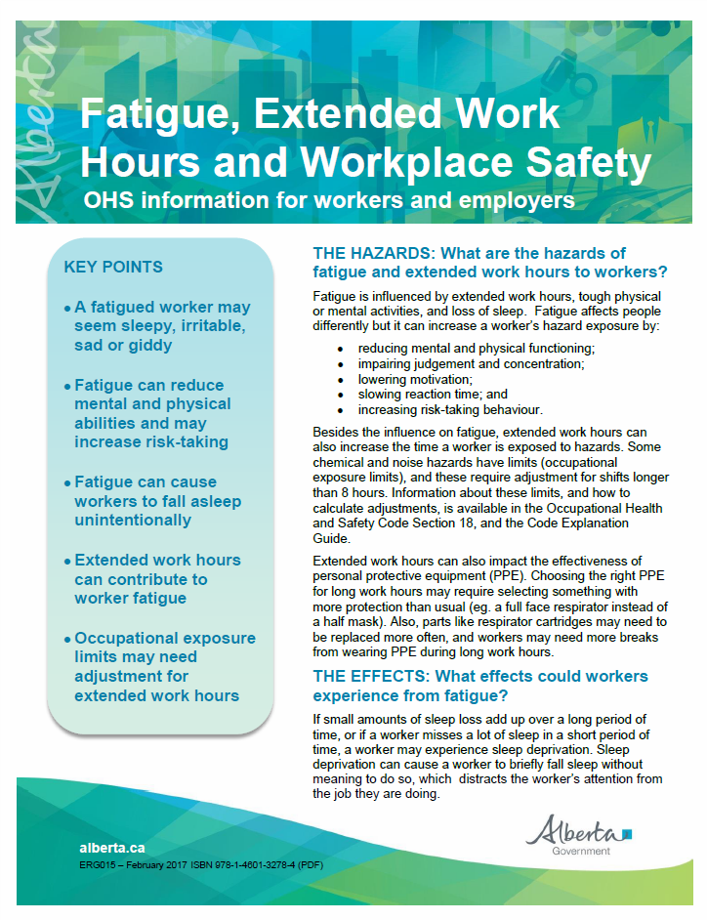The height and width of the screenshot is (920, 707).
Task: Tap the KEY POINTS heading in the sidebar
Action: coord(113,267)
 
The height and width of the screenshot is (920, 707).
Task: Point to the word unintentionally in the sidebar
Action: coord(133,521)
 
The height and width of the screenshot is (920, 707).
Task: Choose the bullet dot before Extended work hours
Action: coord(67,562)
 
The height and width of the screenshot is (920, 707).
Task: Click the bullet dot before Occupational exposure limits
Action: coord(67,640)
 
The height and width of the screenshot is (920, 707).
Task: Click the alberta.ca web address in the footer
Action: coord(112,848)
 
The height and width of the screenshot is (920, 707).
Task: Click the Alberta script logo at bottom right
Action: coord(578,831)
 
